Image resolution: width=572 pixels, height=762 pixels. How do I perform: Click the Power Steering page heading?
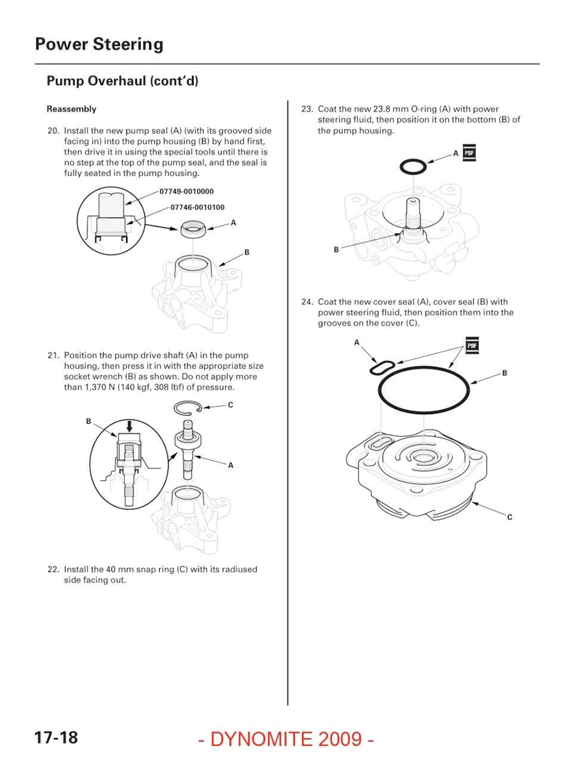click(99, 45)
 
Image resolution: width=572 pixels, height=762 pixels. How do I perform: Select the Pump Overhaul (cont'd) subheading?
click(123, 81)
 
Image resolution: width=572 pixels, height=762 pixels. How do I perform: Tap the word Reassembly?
click(71, 109)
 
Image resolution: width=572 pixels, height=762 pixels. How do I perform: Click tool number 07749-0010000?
click(186, 191)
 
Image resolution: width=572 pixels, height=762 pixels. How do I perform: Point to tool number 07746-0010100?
click(197, 207)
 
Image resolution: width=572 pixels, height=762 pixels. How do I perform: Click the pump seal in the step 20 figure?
click(193, 229)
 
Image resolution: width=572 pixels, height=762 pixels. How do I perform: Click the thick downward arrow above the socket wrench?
click(129, 426)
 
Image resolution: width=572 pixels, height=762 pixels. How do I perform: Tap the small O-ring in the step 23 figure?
click(413, 167)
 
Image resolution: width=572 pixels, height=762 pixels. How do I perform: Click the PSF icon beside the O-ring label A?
click(469, 153)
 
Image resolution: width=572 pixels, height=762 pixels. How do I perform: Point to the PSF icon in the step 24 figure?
click(472, 346)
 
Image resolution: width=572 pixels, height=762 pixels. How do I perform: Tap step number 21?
click(54, 356)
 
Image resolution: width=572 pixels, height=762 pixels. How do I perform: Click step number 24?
click(307, 301)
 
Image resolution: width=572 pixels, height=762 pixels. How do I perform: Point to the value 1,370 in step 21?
click(95, 387)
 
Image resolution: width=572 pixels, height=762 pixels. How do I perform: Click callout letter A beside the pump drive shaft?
click(231, 465)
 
